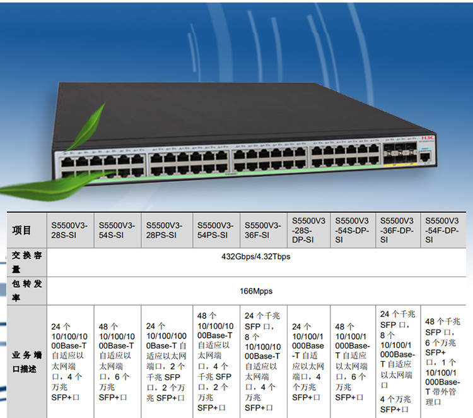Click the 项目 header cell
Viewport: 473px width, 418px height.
pos(22,230)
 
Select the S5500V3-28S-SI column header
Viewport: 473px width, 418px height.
pos(70,230)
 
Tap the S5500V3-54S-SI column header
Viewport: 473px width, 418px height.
pos(117,230)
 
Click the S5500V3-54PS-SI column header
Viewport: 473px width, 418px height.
pos(216,230)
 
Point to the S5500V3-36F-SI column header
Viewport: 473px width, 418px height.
pos(262,230)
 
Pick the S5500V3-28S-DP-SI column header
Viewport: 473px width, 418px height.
pos(308,230)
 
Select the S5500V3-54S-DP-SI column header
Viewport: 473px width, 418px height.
pos(352,230)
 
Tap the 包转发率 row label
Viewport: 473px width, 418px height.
pos(26,291)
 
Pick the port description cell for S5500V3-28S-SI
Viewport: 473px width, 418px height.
pos(70,362)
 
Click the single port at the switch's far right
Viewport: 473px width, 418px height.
pos(426,155)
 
